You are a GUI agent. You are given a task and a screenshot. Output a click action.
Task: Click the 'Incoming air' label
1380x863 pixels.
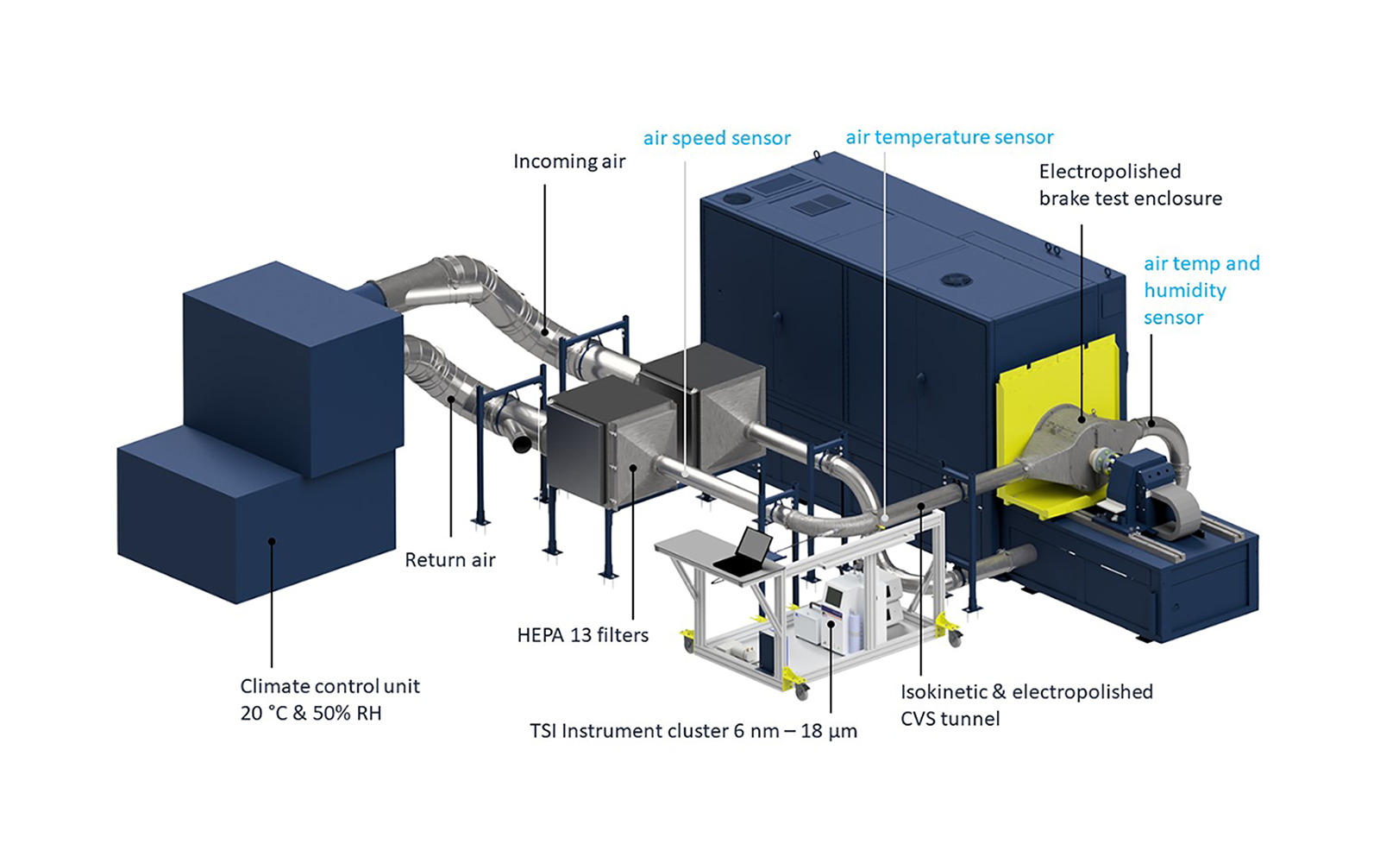tap(568, 161)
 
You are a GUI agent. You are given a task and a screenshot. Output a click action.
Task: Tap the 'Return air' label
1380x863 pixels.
tap(449, 560)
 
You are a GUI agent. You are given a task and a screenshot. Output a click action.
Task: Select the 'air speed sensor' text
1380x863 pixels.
tap(716, 138)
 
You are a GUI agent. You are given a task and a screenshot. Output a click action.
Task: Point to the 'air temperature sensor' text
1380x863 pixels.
tap(949, 137)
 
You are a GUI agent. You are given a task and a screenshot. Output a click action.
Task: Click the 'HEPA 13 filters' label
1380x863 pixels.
tap(582, 635)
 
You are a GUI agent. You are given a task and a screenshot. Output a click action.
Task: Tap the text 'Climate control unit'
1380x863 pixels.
tap(329, 686)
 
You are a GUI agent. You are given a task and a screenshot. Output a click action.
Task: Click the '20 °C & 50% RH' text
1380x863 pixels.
tap(310, 714)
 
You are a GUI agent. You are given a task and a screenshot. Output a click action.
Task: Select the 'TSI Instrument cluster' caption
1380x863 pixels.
tap(629, 731)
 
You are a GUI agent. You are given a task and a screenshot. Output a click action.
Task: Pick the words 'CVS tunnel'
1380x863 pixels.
tap(950, 719)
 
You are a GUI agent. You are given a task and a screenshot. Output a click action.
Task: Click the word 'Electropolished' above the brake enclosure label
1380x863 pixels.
tap(1109, 171)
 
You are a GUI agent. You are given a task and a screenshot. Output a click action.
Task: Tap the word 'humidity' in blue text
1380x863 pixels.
tap(1184, 290)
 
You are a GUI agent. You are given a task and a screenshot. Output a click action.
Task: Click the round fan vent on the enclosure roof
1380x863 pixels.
tap(955, 280)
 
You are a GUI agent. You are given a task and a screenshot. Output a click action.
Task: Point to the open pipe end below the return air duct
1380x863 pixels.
tap(521, 444)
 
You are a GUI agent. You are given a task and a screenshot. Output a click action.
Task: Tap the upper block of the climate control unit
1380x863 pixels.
tap(293, 362)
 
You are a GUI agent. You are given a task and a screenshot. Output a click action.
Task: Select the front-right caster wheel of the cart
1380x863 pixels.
tap(954, 639)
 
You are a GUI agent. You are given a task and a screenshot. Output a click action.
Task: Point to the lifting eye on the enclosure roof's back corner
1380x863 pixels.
tap(816, 155)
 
